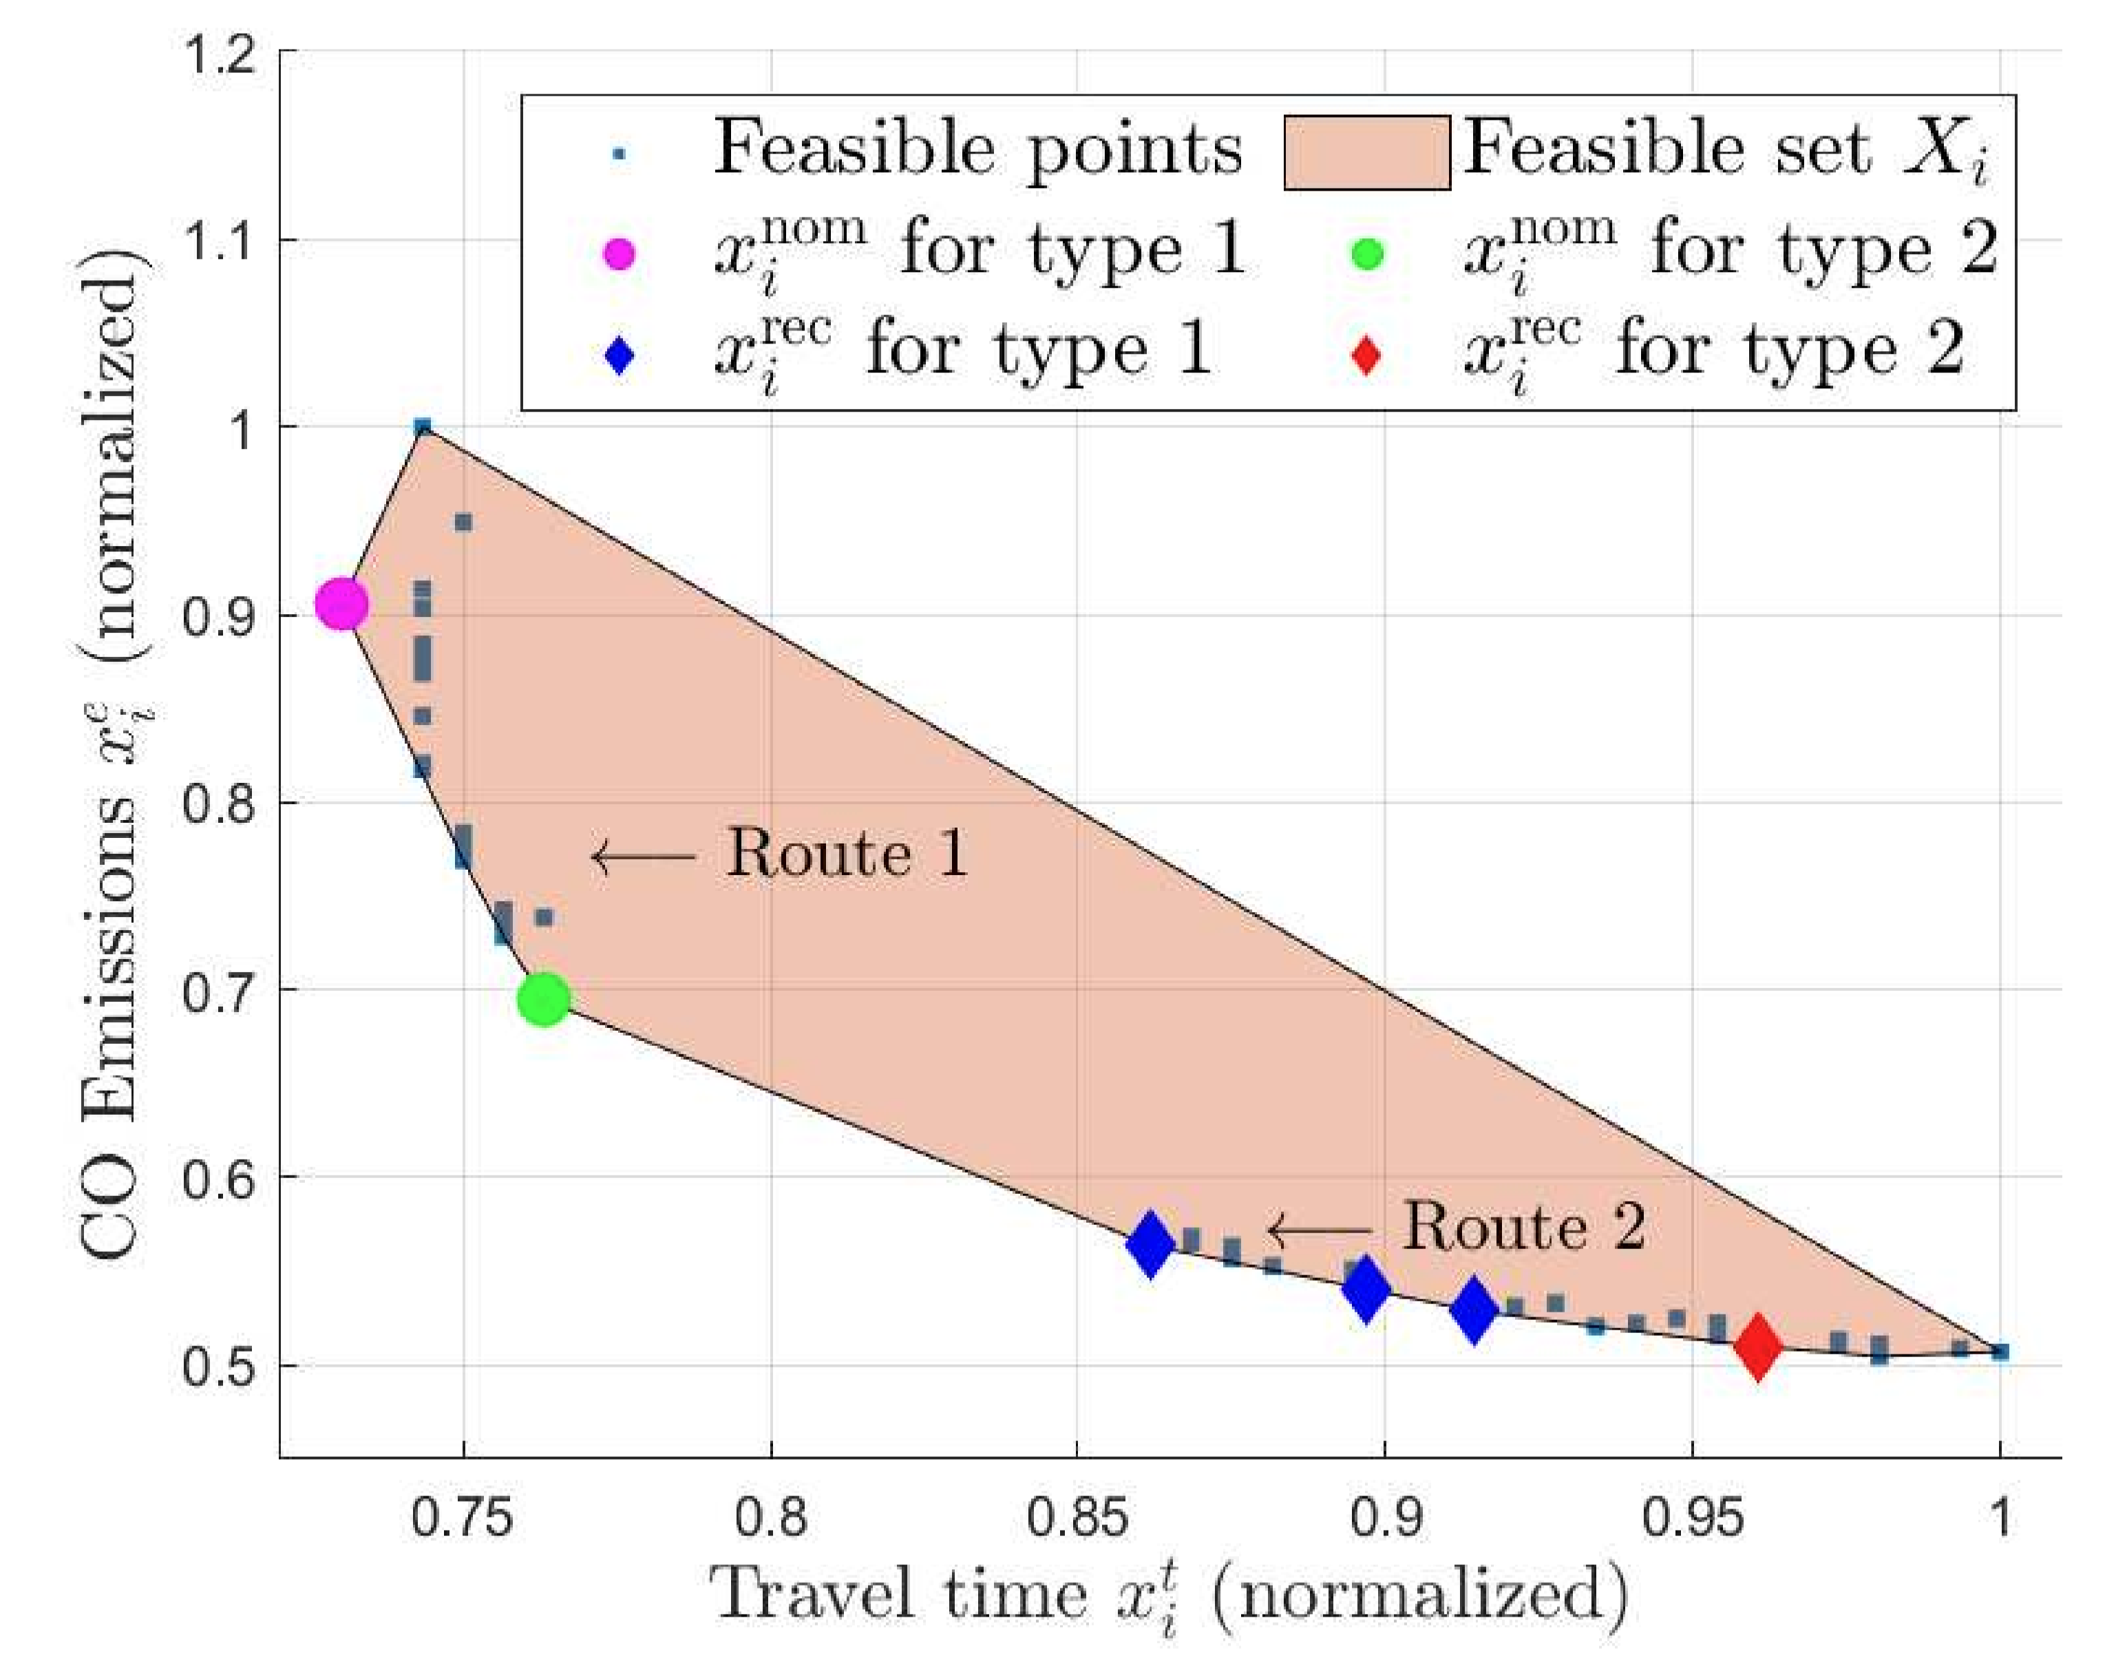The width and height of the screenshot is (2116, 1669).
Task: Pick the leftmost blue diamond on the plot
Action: click(1150, 1244)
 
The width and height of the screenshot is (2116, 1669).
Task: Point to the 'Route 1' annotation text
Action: click(846, 854)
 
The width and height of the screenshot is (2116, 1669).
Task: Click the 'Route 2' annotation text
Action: click(1524, 1226)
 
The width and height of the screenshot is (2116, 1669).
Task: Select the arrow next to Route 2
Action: click(1319, 1229)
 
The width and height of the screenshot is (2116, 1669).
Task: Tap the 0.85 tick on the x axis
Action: click(1077, 1518)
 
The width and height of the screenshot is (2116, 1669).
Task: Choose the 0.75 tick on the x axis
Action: click(463, 1518)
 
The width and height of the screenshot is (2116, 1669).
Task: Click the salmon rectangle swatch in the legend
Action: click(1366, 151)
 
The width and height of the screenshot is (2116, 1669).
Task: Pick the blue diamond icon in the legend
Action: click(620, 355)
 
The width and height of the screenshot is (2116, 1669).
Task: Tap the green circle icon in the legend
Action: click(1368, 255)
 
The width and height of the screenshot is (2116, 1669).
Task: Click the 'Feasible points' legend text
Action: click(977, 149)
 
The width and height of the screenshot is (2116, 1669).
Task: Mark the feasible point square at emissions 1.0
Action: click(422, 427)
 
